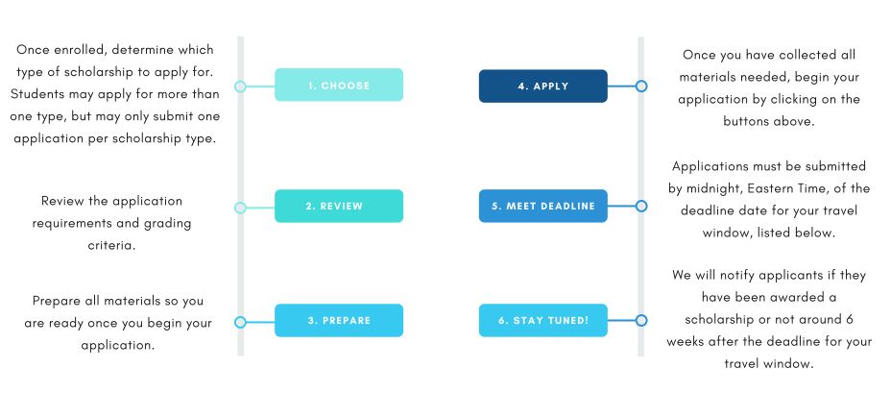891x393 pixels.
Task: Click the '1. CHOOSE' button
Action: click(339, 85)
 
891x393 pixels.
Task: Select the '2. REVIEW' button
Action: click(339, 206)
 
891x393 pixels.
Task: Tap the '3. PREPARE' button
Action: click(339, 320)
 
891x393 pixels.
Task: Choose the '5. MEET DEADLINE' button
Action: click(543, 206)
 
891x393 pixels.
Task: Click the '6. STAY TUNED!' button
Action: click(543, 320)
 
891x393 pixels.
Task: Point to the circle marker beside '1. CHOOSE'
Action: click(240, 86)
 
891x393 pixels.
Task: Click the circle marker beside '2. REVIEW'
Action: click(240, 208)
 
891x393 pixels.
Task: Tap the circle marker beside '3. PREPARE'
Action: click(240, 322)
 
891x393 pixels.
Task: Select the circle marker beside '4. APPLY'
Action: click(641, 86)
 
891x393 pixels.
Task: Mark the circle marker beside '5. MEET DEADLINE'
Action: click(641, 206)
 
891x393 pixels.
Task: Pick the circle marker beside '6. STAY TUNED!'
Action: click(641, 320)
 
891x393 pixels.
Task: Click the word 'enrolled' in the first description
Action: click(79, 50)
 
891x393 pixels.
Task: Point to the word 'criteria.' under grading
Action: click(111, 246)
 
